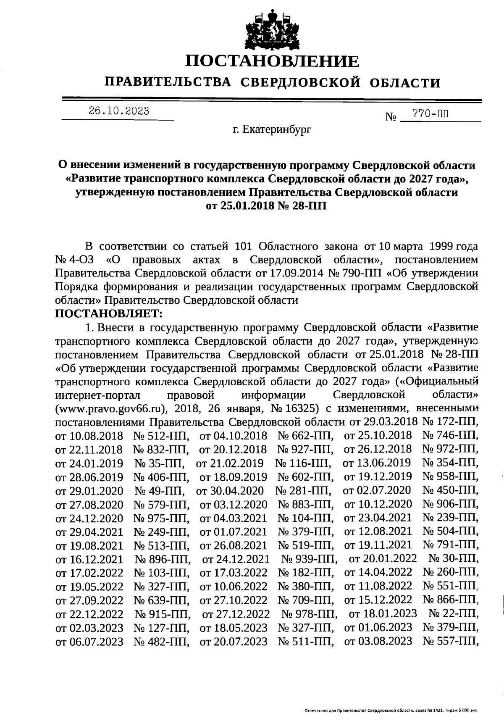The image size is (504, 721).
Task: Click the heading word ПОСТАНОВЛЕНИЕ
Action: pyautogui.click(x=273, y=61)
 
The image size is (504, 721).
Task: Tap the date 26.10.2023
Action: pyautogui.click(x=119, y=111)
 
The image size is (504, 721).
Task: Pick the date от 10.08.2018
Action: pyautogui.click(x=89, y=436)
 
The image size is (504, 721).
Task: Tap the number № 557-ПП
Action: pyautogui.click(x=451, y=641)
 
